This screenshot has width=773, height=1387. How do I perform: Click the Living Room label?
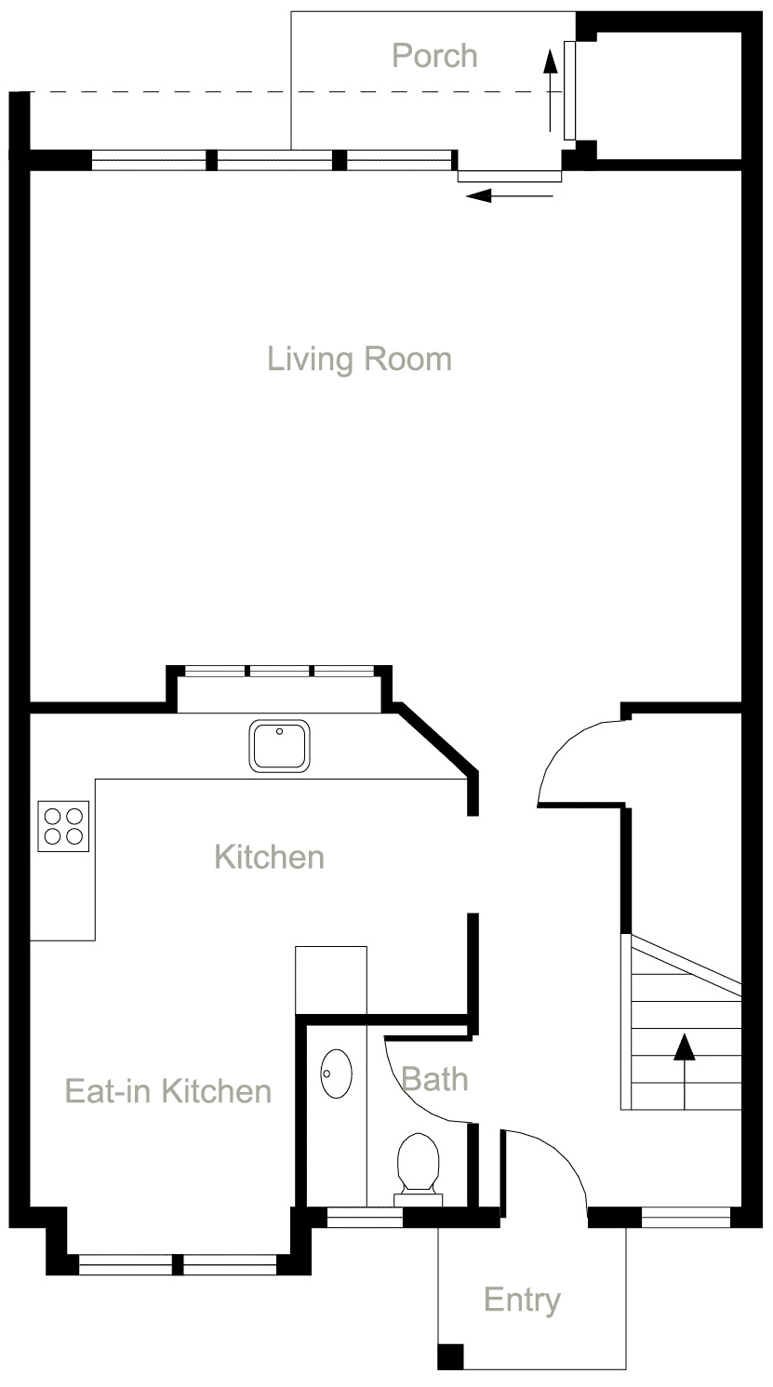pyautogui.click(x=359, y=359)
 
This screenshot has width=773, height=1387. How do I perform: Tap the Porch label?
pyautogui.click(x=434, y=56)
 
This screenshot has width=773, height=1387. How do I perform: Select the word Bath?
pyautogui.click(x=434, y=1079)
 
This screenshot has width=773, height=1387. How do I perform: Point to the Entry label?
pyautogui.click(x=522, y=1300)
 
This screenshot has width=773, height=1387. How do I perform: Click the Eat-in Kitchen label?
pyautogui.click(x=168, y=1090)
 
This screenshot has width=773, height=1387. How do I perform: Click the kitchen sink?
pyautogui.click(x=279, y=746)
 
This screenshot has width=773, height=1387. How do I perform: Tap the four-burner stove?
pyautogui.click(x=63, y=826)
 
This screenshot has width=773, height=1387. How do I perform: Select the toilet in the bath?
pyautogui.click(x=418, y=1165)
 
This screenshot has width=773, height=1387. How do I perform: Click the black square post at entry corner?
pyautogui.click(x=450, y=1356)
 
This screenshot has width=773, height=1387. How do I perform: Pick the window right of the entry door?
pyautogui.click(x=686, y=1216)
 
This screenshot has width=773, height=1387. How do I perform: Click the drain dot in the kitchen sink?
pyautogui.click(x=278, y=731)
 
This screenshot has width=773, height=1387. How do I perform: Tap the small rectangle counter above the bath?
pyautogui.click(x=330, y=980)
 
